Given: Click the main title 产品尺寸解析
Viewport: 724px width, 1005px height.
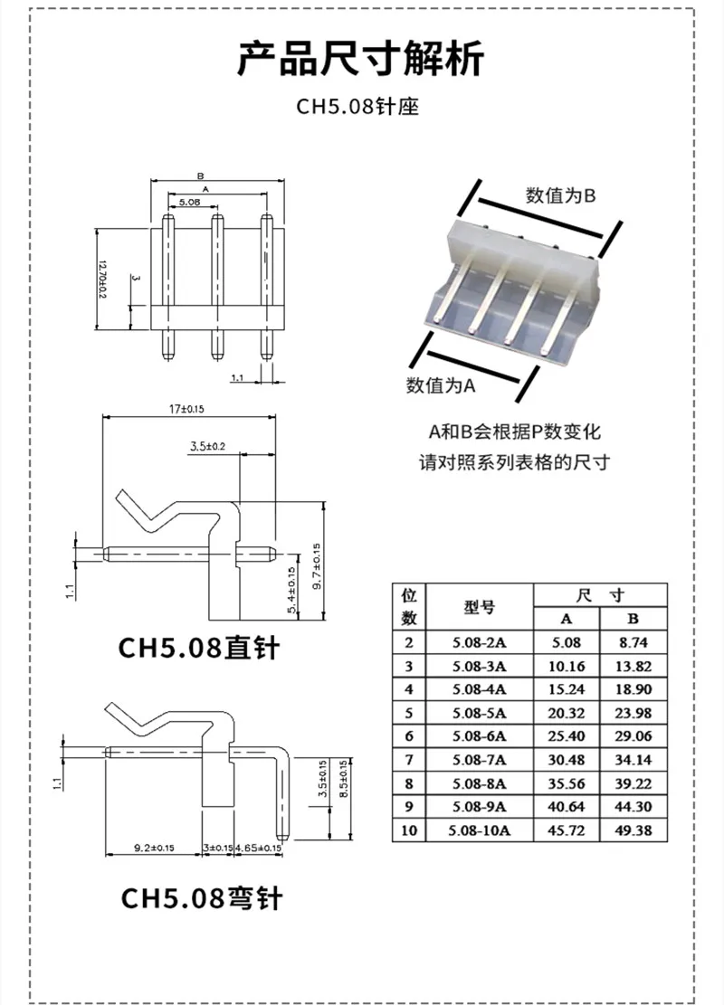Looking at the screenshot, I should (361, 60).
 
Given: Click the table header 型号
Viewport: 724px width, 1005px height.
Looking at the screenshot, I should (479, 607).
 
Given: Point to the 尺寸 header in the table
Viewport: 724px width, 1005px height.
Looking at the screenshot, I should (600, 595).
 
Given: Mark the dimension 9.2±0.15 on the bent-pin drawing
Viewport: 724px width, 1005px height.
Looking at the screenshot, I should (153, 848).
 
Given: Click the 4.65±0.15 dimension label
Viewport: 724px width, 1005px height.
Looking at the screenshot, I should (258, 848).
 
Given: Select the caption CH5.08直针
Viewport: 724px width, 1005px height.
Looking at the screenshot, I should (200, 649).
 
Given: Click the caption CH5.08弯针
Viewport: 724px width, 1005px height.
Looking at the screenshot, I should (202, 897).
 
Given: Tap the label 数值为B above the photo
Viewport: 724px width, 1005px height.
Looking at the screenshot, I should (560, 194).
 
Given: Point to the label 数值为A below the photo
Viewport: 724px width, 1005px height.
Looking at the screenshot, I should (441, 384).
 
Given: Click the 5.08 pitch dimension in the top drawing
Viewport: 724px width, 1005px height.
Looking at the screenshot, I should (189, 202).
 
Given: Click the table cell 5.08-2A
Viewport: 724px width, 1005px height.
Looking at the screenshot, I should (479, 642).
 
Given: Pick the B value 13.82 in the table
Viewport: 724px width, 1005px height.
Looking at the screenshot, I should (633, 666).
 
